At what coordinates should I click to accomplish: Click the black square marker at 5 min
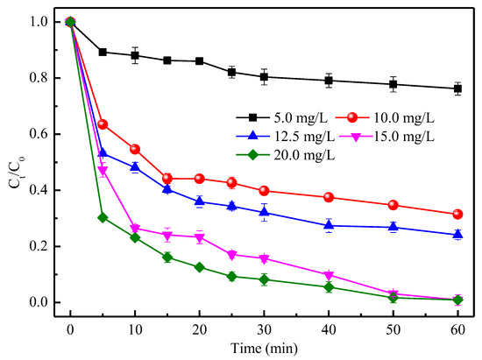click(x=103, y=53)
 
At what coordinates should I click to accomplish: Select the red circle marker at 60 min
click(x=457, y=214)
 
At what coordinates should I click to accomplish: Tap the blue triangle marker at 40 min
click(x=329, y=225)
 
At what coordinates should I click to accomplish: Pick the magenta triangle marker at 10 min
click(x=135, y=229)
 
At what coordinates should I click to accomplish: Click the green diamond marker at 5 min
click(x=103, y=218)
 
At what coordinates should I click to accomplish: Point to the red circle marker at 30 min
click(x=264, y=191)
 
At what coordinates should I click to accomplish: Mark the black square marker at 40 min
click(x=329, y=81)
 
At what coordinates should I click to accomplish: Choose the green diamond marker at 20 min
click(x=200, y=267)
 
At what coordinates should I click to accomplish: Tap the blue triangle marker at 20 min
click(x=200, y=201)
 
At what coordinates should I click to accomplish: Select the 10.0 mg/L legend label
click(x=404, y=117)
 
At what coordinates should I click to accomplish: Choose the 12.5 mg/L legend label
click(x=304, y=137)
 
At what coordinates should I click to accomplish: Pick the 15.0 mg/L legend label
click(x=404, y=137)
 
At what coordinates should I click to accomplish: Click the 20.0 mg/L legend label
click(x=304, y=155)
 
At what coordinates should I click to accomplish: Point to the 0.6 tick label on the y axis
click(x=39, y=134)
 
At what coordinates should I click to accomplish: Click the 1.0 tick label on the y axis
click(x=39, y=22)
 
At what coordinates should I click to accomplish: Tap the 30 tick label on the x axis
click(x=264, y=330)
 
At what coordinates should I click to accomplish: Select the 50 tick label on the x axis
click(x=393, y=330)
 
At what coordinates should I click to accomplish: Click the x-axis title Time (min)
click(x=264, y=349)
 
